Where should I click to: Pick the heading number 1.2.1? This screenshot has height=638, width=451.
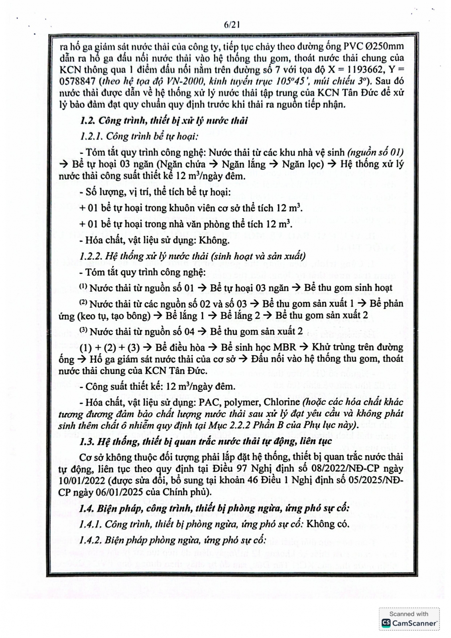pyautogui.click(x=91, y=136)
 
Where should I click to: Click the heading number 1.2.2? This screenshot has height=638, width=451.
pyautogui.click(x=91, y=256)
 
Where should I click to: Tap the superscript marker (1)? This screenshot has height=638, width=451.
pyautogui.click(x=83, y=286)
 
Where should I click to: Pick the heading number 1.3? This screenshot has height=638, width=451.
pyautogui.click(x=87, y=441)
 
